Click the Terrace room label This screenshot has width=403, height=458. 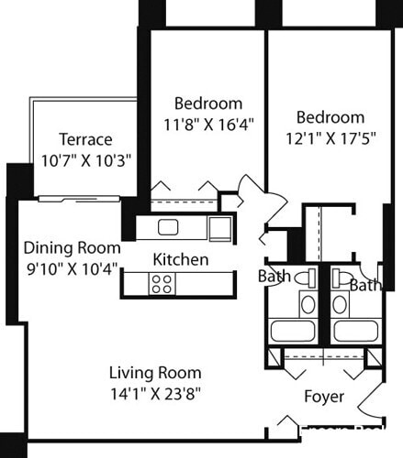85,139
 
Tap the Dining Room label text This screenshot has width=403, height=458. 72,247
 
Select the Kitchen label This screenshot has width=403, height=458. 180,259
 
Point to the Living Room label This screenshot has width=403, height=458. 155,373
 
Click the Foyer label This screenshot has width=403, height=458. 324,397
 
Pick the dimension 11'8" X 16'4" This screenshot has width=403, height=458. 208,122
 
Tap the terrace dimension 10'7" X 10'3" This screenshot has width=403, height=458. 85,158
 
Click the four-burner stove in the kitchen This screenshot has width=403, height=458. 162,284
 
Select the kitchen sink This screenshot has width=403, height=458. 168,226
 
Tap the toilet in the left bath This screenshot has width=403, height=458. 309,277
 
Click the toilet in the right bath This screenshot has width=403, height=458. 341,276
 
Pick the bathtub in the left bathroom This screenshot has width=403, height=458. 293,331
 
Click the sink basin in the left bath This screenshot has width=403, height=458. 308,304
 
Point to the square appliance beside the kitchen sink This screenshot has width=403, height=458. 219,227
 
